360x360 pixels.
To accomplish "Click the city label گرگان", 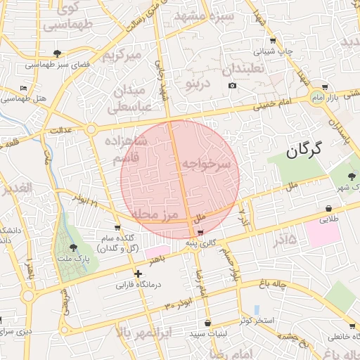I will pyautogui.click(x=304, y=148).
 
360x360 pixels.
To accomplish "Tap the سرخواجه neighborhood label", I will pyautogui.click(x=206, y=164).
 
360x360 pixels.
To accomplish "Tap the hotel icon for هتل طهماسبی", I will pyautogui.click(x=24, y=89).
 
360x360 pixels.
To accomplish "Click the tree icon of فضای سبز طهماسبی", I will pyautogui.click(x=57, y=53).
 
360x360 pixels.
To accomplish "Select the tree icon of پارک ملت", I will pyautogui.click(x=74, y=247).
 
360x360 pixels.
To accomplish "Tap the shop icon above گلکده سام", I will pyautogui.click(x=117, y=227).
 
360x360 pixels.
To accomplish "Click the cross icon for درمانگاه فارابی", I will pyautogui.click(x=138, y=274).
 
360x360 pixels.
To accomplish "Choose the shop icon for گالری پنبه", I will pyautogui.click(x=202, y=232).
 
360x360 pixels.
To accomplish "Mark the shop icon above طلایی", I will pyautogui.click(x=329, y=208).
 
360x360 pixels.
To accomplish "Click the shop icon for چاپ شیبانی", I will pyautogui.click(x=272, y=40).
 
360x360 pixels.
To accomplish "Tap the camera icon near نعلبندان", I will pyautogui.click(x=232, y=86).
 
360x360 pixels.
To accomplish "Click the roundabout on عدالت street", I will pyautogui.click(x=91, y=129).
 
